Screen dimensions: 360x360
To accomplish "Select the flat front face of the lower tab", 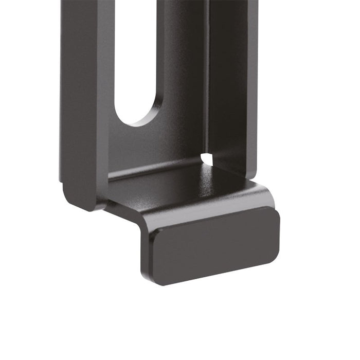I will click(216, 247).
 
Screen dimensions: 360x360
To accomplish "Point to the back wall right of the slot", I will click(183, 77).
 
